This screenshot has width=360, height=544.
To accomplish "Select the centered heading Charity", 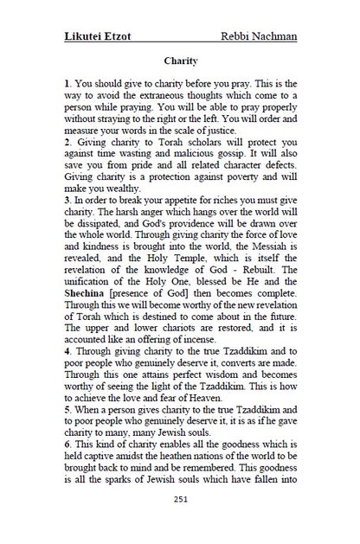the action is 181,61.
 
